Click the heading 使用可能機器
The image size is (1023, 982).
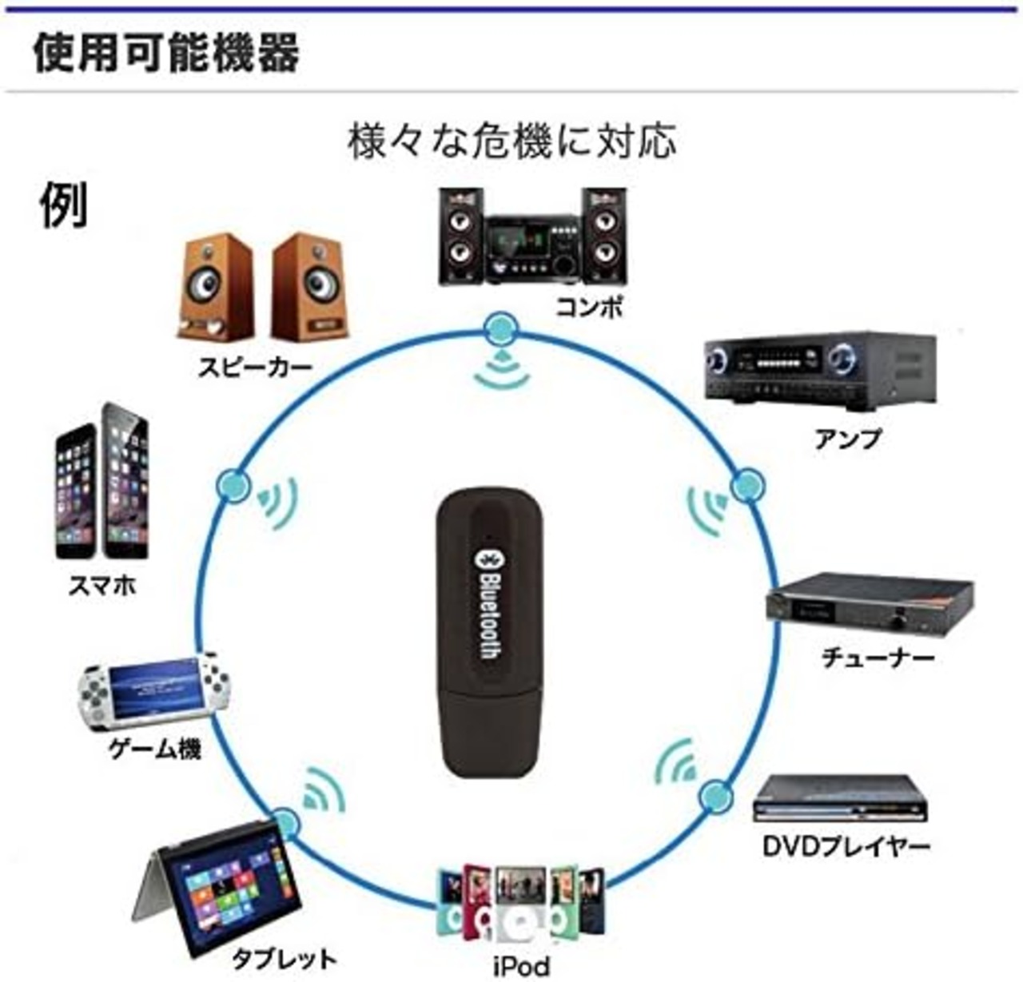tap(166, 53)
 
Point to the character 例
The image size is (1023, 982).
tap(64, 205)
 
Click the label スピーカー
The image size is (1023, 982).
tap(254, 367)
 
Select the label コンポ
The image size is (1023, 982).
tap(589, 307)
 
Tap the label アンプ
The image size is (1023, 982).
tap(847, 439)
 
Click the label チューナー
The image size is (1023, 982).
tap(878, 657)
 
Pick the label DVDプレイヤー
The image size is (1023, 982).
tap(846, 846)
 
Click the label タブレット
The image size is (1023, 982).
tap(285, 960)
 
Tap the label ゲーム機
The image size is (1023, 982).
tap(155, 749)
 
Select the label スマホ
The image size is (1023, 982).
tap(102, 585)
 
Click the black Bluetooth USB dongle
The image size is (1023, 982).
tap(488, 632)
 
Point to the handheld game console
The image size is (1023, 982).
tap(156, 692)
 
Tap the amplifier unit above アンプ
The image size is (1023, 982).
tap(820, 371)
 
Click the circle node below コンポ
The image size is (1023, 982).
tap(501, 330)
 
